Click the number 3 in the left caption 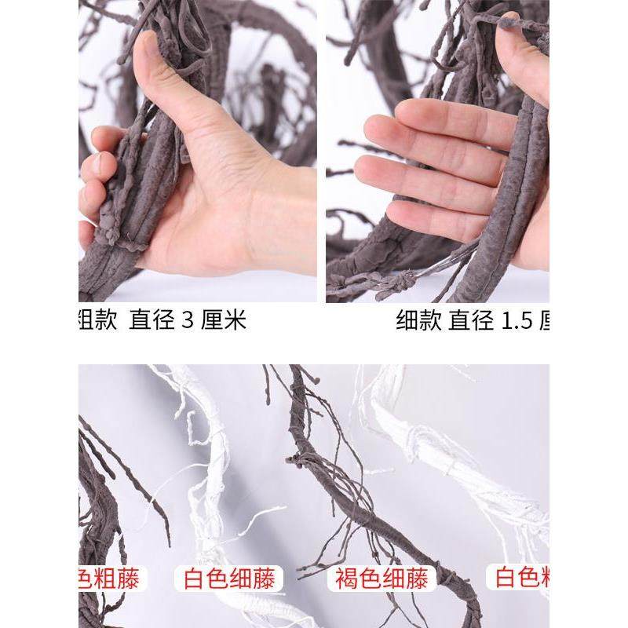click(x=187, y=321)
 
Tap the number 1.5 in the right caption click(x=514, y=321)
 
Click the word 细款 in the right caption click(x=419, y=321)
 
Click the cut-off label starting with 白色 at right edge click(x=521, y=579)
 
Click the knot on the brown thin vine click(x=296, y=460)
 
